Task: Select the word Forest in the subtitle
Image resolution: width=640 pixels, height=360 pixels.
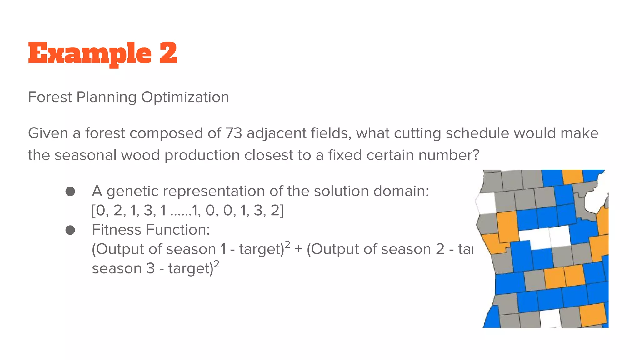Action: [x=50, y=97]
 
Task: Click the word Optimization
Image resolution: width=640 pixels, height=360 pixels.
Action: [x=185, y=97]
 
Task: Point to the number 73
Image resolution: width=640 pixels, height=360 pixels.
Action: [x=233, y=133]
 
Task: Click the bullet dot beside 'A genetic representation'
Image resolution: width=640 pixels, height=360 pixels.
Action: [x=70, y=192]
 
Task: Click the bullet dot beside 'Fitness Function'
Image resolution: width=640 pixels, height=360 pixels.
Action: [x=70, y=230]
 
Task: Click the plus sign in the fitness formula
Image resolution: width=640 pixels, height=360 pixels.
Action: [x=298, y=249]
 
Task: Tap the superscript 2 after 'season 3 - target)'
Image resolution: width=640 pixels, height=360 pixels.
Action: [x=216, y=264]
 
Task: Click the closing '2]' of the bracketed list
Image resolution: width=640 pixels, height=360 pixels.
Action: [x=277, y=211]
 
